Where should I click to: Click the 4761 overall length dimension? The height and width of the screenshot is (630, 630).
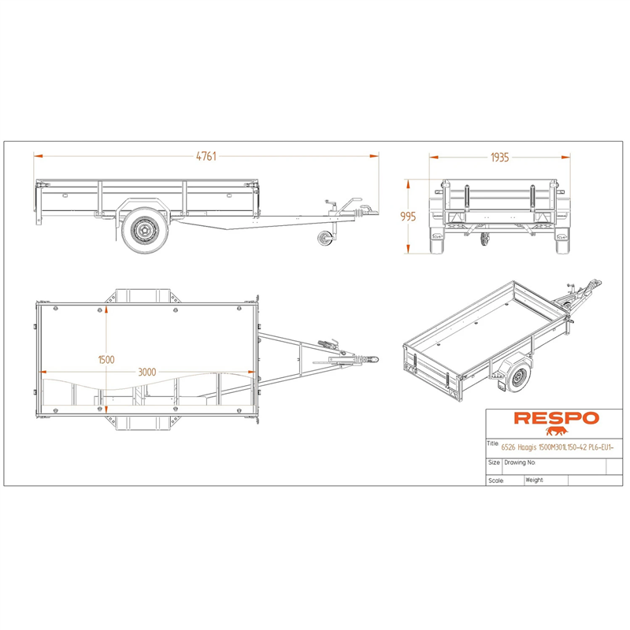206,156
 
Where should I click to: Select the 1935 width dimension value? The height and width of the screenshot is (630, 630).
499,157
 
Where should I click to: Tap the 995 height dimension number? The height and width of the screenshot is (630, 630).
408,217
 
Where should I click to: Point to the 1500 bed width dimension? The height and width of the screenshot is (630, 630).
106,360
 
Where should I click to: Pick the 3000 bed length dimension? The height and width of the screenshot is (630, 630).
147,372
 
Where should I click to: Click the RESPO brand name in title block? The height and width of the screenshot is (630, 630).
557,418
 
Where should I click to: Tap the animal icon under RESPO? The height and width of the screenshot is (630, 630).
557,432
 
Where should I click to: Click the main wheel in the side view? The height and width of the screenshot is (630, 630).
145,231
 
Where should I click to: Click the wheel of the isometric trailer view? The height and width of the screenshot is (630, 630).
519,377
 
